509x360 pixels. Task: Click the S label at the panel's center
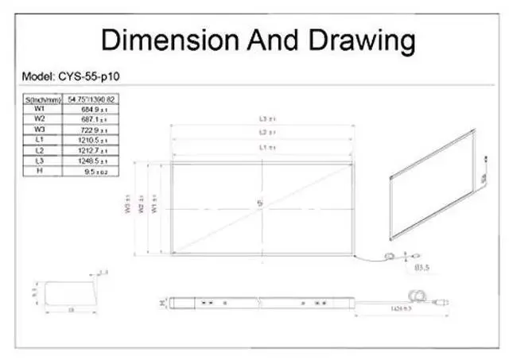[259, 205]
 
